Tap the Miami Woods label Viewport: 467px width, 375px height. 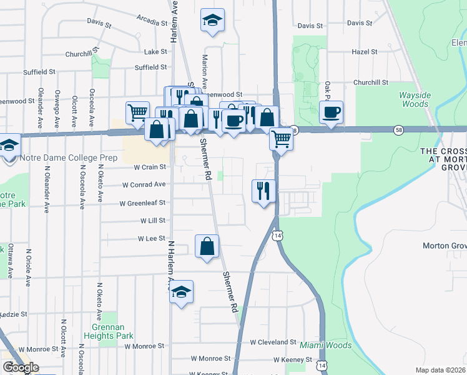(x=325, y=345)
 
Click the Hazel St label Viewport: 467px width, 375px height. (x=365, y=52)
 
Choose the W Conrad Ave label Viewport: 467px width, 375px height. (x=144, y=185)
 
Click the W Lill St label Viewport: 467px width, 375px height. (x=152, y=221)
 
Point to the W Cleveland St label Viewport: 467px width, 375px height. (x=273, y=342)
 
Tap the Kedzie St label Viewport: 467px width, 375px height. (x=17, y=314)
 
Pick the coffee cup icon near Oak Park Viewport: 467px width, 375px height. (x=331, y=112)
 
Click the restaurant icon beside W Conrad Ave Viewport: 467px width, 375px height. (x=263, y=189)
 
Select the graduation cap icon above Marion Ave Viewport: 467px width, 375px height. (x=212, y=21)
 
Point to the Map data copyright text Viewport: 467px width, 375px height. (x=441, y=370)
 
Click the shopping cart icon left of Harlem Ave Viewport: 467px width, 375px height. (x=137, y=112)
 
